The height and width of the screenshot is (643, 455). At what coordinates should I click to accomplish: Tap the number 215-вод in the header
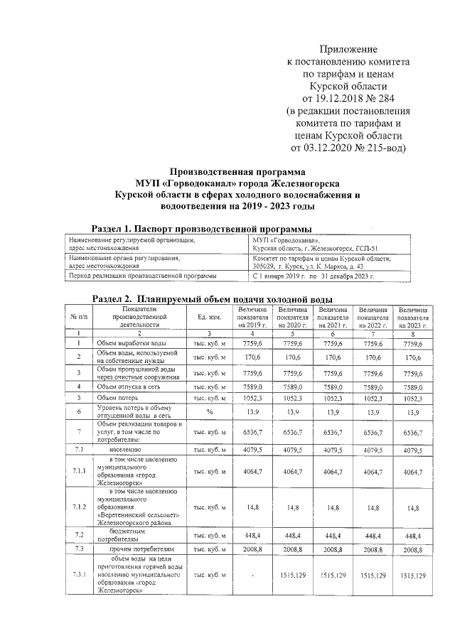381,148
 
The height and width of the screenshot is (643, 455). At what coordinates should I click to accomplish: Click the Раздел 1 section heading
202,228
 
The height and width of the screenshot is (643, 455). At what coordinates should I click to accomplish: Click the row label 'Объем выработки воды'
127,343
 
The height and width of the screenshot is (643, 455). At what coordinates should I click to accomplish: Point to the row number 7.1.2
79,507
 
